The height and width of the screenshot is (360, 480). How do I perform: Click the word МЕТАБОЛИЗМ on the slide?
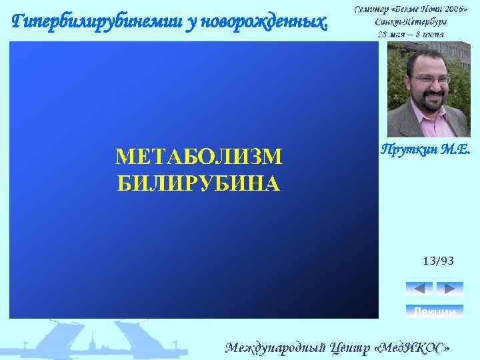click(x=199, y=157)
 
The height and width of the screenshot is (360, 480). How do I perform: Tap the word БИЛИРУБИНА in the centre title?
click(x=199, y=182)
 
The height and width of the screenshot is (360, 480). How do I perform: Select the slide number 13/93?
click(x=438, y=261)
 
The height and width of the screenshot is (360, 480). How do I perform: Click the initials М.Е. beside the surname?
click(x=455, y=150)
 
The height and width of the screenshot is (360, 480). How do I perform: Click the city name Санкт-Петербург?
click(x=410, y=21)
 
